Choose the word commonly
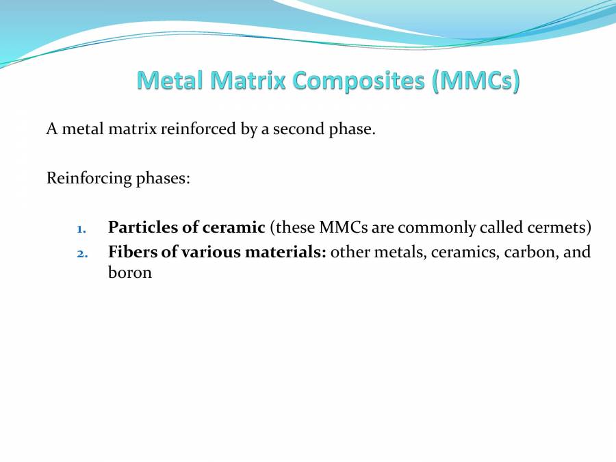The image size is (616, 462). (x=433, y=227)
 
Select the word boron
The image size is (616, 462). (x=130, y=272)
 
